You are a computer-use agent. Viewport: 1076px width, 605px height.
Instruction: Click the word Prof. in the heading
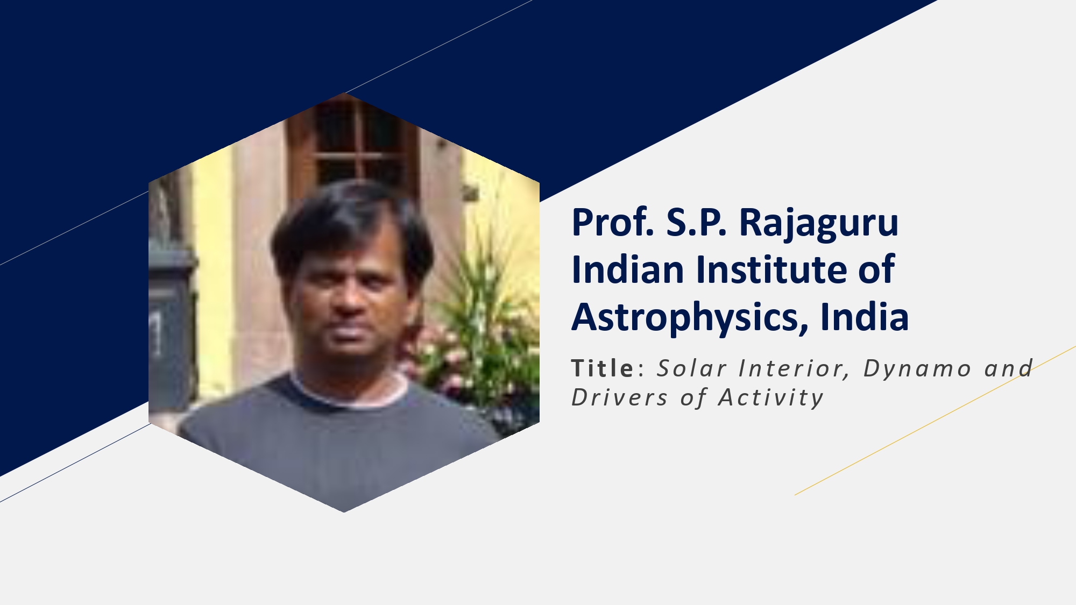613,222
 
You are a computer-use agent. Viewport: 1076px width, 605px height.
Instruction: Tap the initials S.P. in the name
697,222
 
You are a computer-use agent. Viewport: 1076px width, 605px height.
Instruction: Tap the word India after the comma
865,316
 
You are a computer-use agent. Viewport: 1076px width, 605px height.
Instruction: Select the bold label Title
603,368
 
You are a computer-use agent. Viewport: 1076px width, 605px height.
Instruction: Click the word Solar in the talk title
692,368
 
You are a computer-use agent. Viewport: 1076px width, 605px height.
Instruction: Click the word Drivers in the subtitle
619,398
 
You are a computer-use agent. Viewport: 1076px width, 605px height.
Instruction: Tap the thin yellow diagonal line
935,421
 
